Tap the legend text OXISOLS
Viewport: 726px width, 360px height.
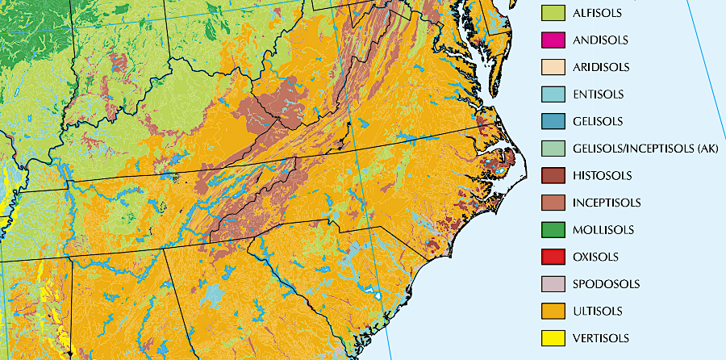point(596,257)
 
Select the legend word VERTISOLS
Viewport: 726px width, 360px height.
point(601,338)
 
